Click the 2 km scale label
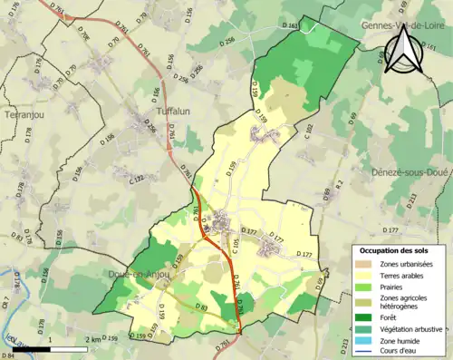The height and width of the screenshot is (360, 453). click(94, 338)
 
